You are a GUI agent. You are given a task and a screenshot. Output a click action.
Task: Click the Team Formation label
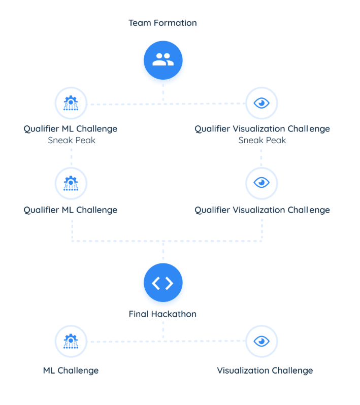point(162,23)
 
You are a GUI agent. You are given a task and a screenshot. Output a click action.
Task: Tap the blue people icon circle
point(163,60)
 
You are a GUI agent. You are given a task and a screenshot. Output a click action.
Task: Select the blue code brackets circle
point(163,283)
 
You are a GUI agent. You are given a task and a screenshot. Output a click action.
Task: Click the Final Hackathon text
point(162,314)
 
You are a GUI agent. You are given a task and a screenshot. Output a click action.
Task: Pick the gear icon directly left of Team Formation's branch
point(71,103)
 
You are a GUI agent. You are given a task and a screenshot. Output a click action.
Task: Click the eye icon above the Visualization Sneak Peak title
point(261,103)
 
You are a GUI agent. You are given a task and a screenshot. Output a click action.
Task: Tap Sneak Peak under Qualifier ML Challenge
point(72,140)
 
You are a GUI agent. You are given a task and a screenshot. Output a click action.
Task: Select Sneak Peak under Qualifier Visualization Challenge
point(262,140)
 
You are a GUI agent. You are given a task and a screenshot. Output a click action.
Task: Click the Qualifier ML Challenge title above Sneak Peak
point(70,129)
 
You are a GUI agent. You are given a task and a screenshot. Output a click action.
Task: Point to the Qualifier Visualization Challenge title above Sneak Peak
point(262,129)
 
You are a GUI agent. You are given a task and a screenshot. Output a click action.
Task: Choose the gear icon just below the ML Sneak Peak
point(71,183)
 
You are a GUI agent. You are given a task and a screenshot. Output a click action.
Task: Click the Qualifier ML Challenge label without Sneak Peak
point(70,210)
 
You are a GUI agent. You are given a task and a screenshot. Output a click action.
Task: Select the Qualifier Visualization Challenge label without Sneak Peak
point(262,210)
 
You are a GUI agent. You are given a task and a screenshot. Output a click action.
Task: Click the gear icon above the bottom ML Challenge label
point(71,342)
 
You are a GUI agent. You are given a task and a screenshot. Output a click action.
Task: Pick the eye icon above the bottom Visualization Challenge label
point(261,342)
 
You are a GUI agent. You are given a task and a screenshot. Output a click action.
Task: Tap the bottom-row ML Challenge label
point(71,370)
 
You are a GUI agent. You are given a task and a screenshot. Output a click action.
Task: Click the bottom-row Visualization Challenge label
point(265,370)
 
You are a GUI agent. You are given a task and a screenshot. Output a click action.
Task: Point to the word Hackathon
point(174,314)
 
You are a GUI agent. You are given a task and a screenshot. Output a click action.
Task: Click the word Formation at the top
point(175,23)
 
